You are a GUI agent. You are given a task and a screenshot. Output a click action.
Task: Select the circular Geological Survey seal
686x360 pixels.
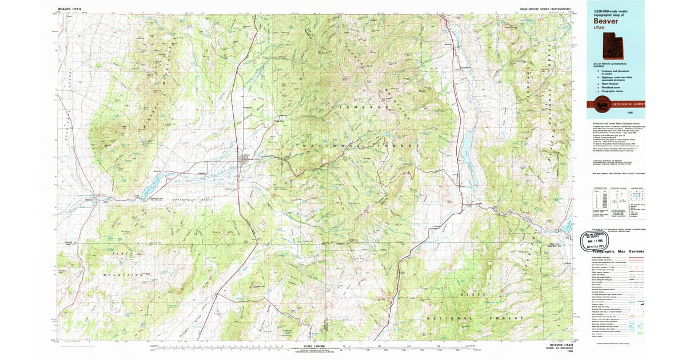coord(601,105)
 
